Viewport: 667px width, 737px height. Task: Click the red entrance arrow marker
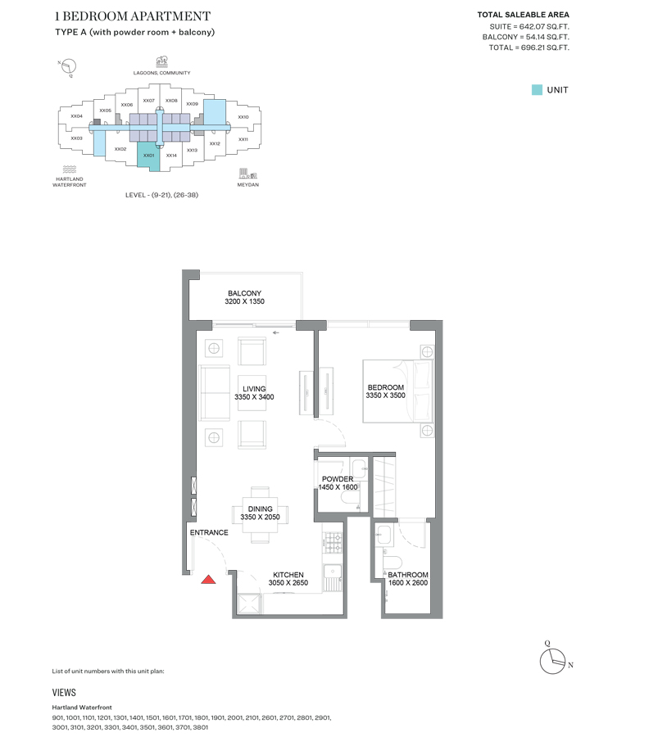pyautogui.click(x=209, y=579)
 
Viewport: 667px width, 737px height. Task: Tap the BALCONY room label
pyautogui.click(x=244, y=297)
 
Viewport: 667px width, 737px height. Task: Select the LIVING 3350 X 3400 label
pyautogui.click(x=254, y=392)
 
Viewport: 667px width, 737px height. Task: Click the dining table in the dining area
pyautogui.click(x=260, y=513)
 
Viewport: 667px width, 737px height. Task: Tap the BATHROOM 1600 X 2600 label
pyautogui.click(x=408, y=579)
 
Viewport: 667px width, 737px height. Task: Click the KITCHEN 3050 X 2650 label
pyautogui.click(x=288, y=579)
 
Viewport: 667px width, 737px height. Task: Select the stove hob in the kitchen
pyautogui.click(x=333, y=540)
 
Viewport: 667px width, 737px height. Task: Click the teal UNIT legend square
pyautogui.click(x=537, y=90)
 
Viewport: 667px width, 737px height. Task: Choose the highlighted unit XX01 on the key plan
pyautogui.click(x=148, y=155)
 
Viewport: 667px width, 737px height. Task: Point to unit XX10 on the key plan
pyautogui.click(x=243, y=117)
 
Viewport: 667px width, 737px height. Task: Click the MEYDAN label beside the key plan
pyautogui.click(x=248, y=184)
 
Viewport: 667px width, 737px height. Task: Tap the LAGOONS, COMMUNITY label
pyautogui.click(x=161, y=73)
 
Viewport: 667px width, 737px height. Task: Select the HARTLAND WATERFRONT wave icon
pyautogui.click(x=70, y=169)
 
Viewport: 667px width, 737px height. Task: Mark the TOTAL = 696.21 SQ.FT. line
pyautogui.click(x=529, y=48)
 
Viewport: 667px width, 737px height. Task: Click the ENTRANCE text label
pyautogui.click(x=209, y=532)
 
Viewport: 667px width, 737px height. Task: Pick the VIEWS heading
pyautogui.click(x=64, y=693)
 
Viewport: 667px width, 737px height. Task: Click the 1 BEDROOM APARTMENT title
pyautogui.click(x=133, y=16)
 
